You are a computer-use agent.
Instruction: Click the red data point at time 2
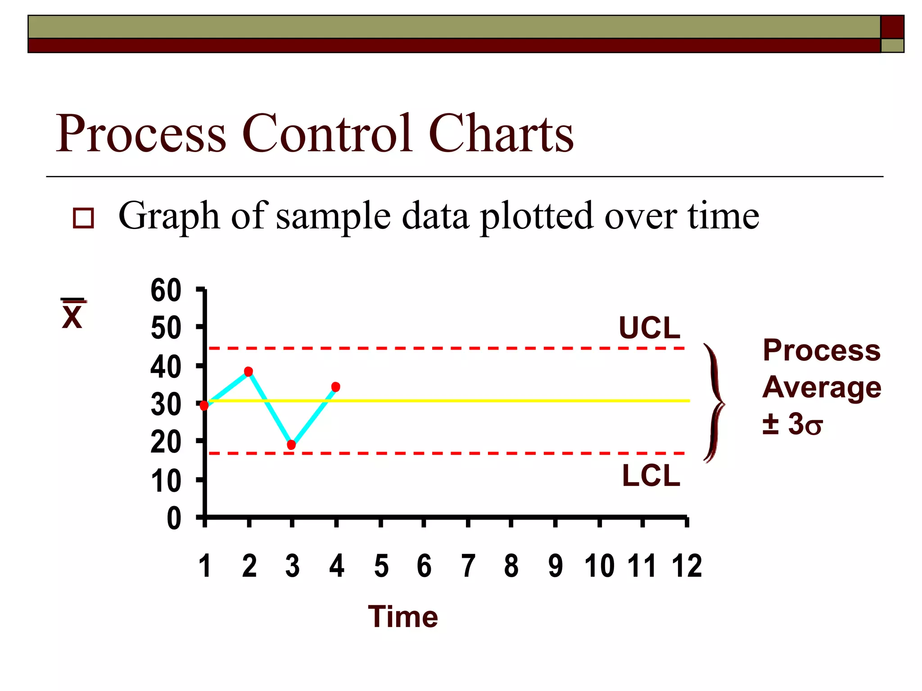tap(248, 372)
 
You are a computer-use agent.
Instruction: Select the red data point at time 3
tap(291, 445)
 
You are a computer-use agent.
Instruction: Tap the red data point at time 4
tap(336, 387)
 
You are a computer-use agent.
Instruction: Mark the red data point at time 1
tap(204, 406)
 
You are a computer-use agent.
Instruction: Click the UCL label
tap(649, 328)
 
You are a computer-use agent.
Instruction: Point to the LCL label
tap(651, 476)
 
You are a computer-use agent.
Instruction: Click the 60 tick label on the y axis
tap(166, 291)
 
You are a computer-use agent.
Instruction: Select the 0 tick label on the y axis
tap(174, 519)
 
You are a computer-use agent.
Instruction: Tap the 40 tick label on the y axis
tap(166, 367)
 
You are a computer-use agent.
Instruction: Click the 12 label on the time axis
tap(687, 566)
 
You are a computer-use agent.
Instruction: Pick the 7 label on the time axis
tap(468, 566)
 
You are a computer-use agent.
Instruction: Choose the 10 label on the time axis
tap(600, 566)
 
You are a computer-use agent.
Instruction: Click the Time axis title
tap(403, 617)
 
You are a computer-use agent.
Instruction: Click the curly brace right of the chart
tap(714, 403)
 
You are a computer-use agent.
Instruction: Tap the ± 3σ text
tap(792, 424)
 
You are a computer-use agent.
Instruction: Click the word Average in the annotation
tap(822, 387)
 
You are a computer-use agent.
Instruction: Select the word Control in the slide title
tap(327, 134)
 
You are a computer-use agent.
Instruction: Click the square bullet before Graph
tap(84, 218)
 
